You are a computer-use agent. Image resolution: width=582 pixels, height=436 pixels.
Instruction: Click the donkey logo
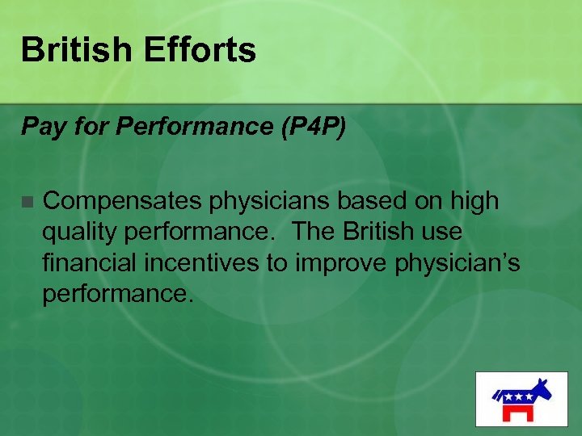pyautogui.click(x=521, y=398)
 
